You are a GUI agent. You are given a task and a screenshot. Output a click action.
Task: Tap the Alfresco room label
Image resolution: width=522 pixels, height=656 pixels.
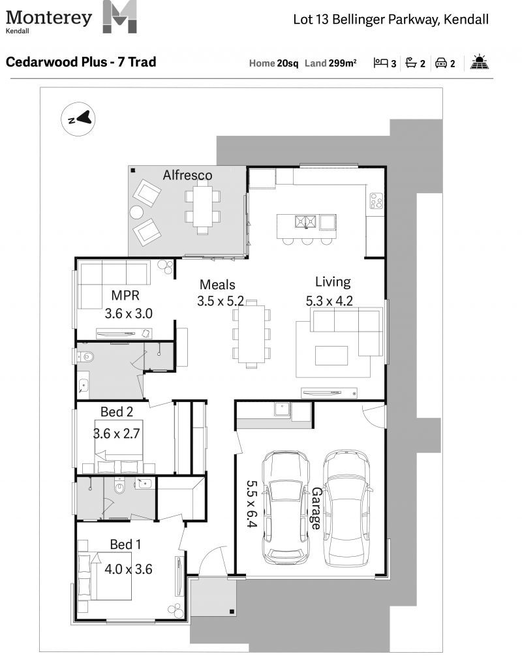187,175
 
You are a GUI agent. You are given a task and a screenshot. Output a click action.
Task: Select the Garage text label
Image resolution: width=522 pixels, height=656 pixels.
316,508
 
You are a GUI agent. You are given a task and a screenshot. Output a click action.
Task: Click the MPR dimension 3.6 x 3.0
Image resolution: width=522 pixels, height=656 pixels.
129,313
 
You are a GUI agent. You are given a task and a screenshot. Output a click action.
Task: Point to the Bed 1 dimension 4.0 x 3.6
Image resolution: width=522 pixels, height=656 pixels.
129,569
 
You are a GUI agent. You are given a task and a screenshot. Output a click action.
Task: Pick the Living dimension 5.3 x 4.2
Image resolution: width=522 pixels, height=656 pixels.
334,301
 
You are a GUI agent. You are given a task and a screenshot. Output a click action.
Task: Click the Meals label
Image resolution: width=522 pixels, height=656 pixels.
217,285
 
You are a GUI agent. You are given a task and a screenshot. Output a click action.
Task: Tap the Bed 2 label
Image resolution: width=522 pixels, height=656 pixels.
117,412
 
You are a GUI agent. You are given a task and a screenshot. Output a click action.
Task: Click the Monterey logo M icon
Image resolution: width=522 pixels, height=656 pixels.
120,18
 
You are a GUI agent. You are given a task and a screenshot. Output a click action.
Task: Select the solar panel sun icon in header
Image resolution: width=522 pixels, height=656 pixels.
480,63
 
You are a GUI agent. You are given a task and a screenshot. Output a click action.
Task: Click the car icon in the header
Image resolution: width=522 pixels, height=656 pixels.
441,63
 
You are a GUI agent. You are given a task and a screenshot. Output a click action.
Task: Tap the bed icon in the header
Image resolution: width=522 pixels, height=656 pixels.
380,63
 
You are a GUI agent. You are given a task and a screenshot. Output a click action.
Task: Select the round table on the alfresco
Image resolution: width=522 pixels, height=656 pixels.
136,212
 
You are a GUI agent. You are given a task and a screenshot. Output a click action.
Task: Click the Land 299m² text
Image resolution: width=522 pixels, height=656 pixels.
330,63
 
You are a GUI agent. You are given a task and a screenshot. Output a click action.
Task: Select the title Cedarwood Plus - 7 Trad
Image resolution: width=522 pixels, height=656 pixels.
80,63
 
